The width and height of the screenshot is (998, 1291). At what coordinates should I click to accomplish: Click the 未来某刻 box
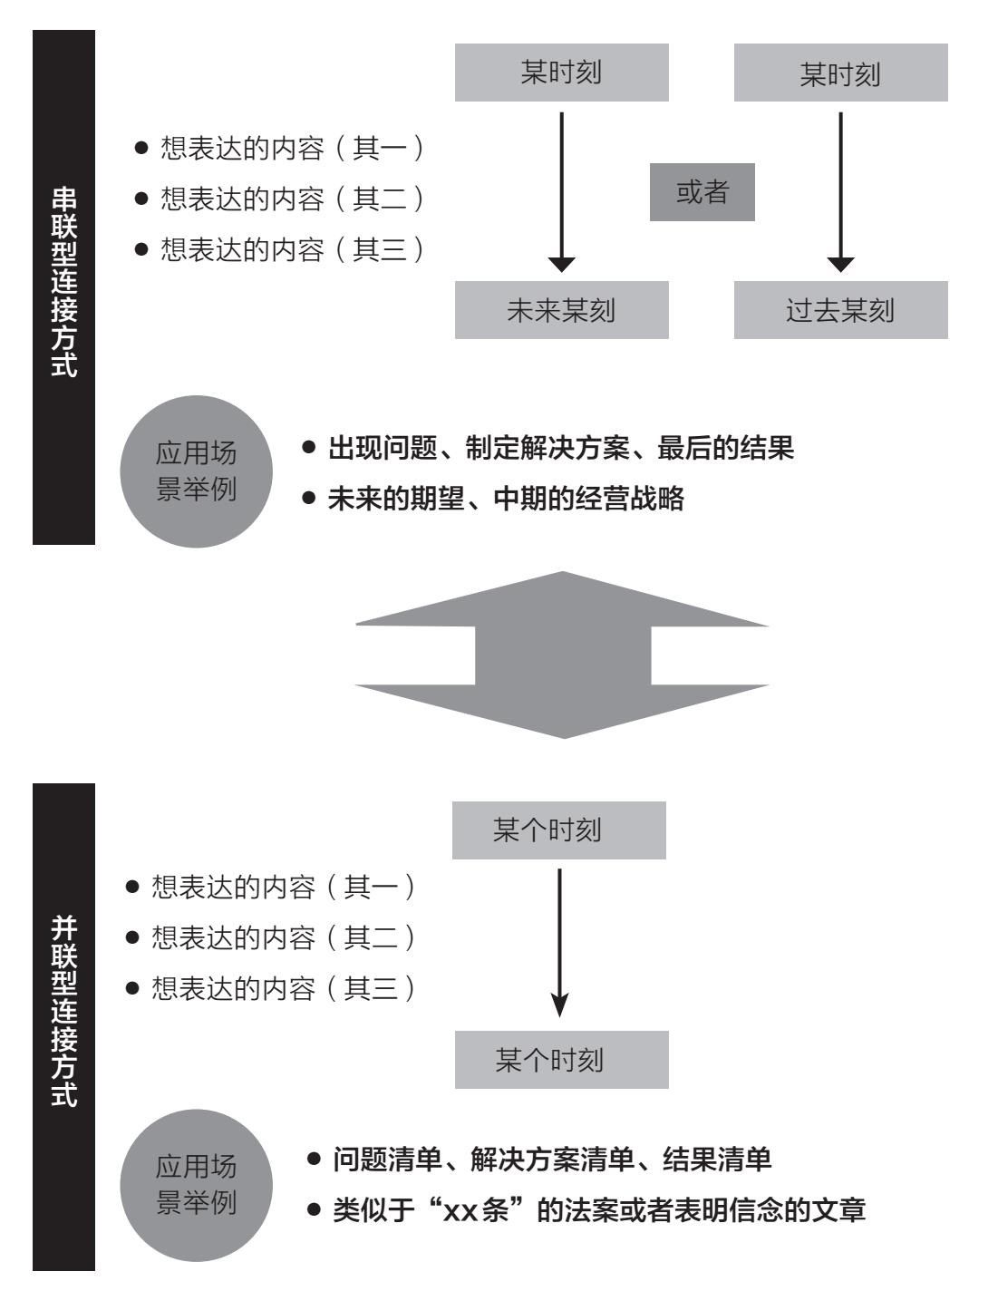[x=561, y=309]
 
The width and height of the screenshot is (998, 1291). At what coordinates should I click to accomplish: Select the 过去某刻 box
[x=840, y=309]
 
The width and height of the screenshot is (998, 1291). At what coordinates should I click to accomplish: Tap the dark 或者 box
[x=702, y=192]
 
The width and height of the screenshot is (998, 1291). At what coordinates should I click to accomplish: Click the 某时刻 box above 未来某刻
[x=561, y=73]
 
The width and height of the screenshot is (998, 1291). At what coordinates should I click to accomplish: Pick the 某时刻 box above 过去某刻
[x=840, y=73]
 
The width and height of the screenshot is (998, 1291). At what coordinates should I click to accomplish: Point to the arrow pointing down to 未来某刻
[x=561, y=192]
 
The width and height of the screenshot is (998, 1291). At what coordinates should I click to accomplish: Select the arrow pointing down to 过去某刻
[x=840, y=192]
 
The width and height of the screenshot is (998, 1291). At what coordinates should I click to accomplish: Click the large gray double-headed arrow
[x=562, y=655]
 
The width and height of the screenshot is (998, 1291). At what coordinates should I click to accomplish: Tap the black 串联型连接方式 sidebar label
[x=63, y=287]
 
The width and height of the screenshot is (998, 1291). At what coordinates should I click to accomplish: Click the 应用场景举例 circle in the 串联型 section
[x=196, y=471]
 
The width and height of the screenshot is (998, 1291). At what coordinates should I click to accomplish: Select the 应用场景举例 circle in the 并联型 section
[x=196, y=1185]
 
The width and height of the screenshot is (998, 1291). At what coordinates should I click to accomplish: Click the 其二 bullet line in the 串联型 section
[x=279, y=199]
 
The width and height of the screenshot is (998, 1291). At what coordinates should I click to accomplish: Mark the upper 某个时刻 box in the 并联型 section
[x=559, y=830]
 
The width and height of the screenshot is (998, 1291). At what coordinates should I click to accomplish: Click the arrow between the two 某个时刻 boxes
[x=559, y=943]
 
